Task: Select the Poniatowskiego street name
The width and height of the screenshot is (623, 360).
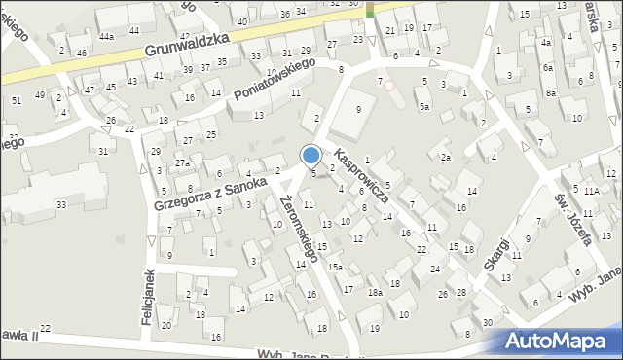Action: click(275, 79)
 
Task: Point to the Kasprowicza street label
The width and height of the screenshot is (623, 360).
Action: click(361, 175)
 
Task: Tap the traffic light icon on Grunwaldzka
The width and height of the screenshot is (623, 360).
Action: click(370, 11)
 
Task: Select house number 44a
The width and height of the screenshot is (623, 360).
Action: click(106, 35)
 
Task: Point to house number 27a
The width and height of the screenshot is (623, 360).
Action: click(182, 162)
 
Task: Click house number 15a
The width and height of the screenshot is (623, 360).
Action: click(335, 267)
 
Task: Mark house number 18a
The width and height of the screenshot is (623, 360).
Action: click(375, 292)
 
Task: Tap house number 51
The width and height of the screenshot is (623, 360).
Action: click(16, 100)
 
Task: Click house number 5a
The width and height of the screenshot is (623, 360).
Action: click(423, 106)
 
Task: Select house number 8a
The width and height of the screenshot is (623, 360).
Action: click(550, 93)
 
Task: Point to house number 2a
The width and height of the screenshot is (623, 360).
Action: click(445, 157)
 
